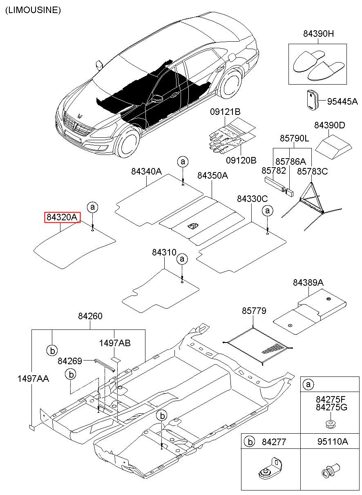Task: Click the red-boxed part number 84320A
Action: coord(62,217)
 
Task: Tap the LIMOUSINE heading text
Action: coord(33,10)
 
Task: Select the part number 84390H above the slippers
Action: coord(318,34)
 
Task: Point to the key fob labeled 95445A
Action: coord(312,100)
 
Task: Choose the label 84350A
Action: coord(212,175)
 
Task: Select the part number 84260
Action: coord(90,316)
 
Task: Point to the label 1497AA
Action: coord(33,379)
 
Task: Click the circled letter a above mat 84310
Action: coord(182,259)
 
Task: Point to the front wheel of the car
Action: coord(127,142)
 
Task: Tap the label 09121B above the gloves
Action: coord(225,112)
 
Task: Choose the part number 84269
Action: coord(70,361)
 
